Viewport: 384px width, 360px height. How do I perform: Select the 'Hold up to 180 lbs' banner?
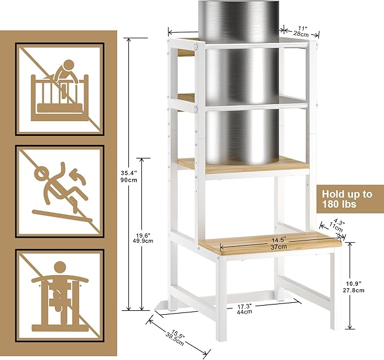coord(350,199)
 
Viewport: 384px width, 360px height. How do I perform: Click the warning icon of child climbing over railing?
coord(60,89)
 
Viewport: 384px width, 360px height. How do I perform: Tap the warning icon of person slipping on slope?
coord(60,191)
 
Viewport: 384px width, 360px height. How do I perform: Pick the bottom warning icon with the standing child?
coord(60,295)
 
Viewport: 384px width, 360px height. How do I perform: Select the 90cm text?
coord(129,180)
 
